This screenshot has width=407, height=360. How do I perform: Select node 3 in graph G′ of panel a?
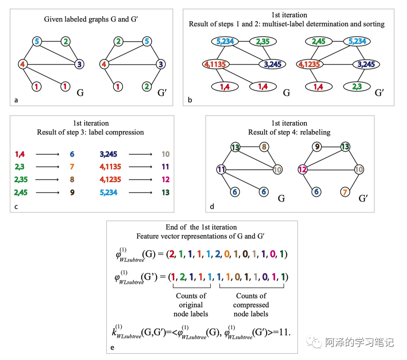[160, 64]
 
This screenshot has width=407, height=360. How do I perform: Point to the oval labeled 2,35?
[263, 42]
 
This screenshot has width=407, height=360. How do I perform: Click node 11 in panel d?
[222, 170]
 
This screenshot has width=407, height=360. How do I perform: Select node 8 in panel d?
[265, 147]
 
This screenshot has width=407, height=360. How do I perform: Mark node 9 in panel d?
[317, 147]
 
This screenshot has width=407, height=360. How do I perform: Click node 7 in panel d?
[345, 192]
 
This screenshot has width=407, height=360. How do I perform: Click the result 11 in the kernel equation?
[285, 332]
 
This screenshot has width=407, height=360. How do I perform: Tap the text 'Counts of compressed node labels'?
[251, 305]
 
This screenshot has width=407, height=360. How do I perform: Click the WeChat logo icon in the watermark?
[317, 342]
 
